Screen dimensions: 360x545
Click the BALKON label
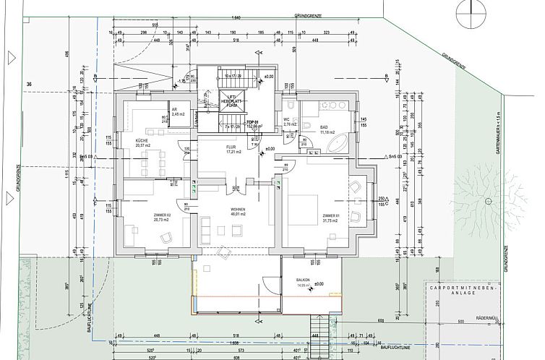(x=303, y=282)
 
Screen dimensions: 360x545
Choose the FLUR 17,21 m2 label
(x=232, y=150)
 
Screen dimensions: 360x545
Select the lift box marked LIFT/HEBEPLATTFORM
(x=232, y=101)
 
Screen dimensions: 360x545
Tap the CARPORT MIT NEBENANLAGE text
(x=459, y=287)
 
